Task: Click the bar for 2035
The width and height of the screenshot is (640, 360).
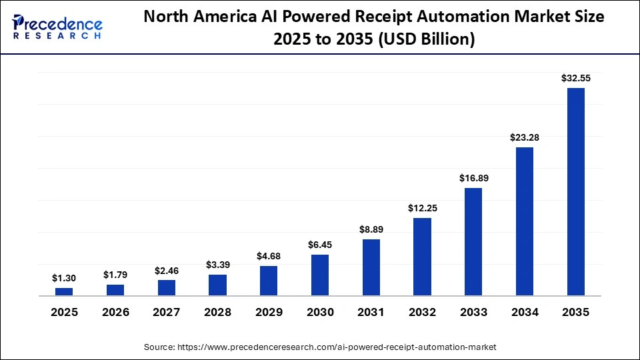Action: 575,191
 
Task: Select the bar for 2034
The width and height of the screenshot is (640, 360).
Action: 525,221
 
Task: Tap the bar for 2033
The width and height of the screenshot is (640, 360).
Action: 473,242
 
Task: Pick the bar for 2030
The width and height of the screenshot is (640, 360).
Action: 320,275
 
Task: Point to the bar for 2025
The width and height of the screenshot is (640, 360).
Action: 64,291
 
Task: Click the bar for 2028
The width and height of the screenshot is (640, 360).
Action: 217,285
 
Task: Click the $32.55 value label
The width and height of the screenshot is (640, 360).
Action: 575,78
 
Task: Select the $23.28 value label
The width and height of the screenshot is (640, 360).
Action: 525,137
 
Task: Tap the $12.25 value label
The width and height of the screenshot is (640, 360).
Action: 423,208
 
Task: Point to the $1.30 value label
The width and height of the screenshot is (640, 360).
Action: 64,278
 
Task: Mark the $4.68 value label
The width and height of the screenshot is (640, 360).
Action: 269,256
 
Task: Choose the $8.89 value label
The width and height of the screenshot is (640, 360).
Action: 371,229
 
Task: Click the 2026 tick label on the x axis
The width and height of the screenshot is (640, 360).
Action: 115,312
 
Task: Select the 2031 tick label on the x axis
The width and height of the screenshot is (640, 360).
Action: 371,312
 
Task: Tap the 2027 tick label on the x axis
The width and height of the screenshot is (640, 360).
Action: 167,312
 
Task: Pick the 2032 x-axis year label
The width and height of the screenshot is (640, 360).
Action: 423,312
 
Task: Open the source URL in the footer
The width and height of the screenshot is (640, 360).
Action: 320,347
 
